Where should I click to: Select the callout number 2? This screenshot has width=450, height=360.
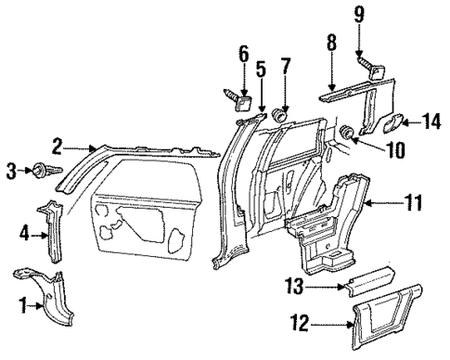click(58, 146)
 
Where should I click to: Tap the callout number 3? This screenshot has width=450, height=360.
click(12, 170)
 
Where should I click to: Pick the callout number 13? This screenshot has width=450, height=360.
click(285, 66)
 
